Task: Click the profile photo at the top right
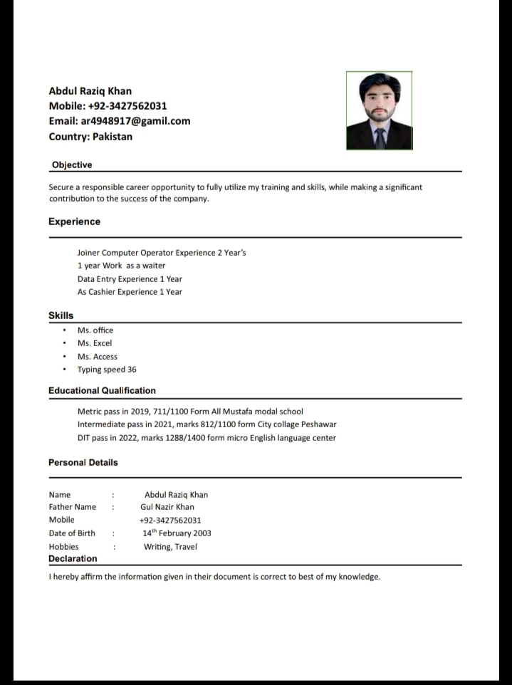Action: (x=379, y=110)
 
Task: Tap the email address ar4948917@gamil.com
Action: (x=119, y=121)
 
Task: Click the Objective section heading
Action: (x=72, y=165)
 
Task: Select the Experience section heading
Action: (x=74, y=221)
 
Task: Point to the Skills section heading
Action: (x=61, y=315)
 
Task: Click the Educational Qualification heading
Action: (x=102, y=390)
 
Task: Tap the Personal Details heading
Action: (x=83, y=462)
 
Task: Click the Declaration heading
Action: (x=73, y=559)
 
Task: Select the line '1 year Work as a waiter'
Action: (x=121, y=266)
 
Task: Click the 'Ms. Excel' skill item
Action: (x=95, y=343)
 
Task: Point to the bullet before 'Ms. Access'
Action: (x=65, y=357)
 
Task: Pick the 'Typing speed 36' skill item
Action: (x=107, y=370)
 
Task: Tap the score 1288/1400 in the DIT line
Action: (x=187, y=438)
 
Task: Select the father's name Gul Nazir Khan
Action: (x=167, y=507)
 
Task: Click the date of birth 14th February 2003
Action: (x=177, y=533)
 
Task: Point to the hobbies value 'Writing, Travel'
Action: (x=170, y=547)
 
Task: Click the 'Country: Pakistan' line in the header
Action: (x=90, y=137)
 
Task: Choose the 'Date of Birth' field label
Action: (x=72, y=533)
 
